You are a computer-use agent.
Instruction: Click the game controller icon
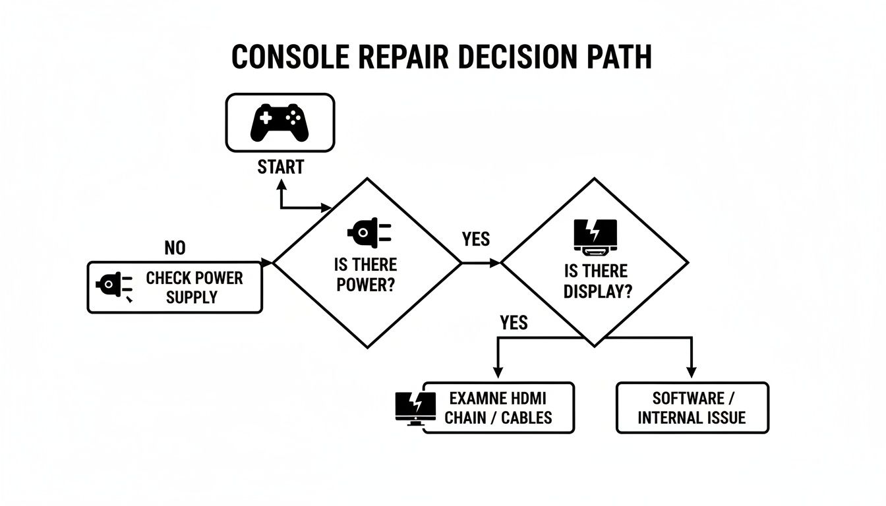click(280, 122)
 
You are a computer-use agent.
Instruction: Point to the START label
click(280, 167)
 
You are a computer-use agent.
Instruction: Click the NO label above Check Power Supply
click(175, 248)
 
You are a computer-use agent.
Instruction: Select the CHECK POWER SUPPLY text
click(194, 287)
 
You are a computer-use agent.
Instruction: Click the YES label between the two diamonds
click(476, 239)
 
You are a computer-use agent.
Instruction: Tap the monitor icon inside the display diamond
click(595, 237)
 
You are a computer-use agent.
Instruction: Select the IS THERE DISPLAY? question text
click(596, 281)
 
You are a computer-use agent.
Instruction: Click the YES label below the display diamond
click(514, 322)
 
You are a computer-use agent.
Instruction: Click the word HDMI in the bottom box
click(529, 398)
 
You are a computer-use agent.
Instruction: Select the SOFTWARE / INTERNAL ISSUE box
click(692, 408)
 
